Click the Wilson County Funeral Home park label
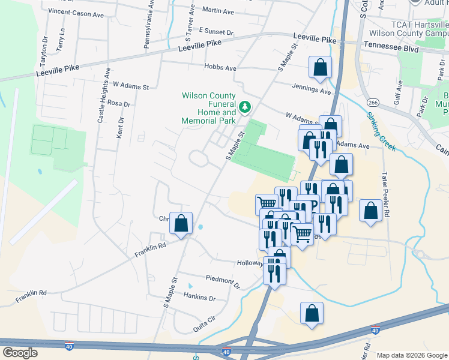[x=209, y=108]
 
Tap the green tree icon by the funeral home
[x=244, y=107]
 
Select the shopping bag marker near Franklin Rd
[x=181, y=224]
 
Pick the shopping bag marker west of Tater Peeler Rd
[x=370, y=211]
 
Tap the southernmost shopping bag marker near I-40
[x=312, y=313]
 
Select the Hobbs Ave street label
[x=220, y=68]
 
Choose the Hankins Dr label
[x=199, y=298]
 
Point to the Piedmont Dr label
[x=223, y=281]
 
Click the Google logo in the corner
[x=20, y=353]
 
